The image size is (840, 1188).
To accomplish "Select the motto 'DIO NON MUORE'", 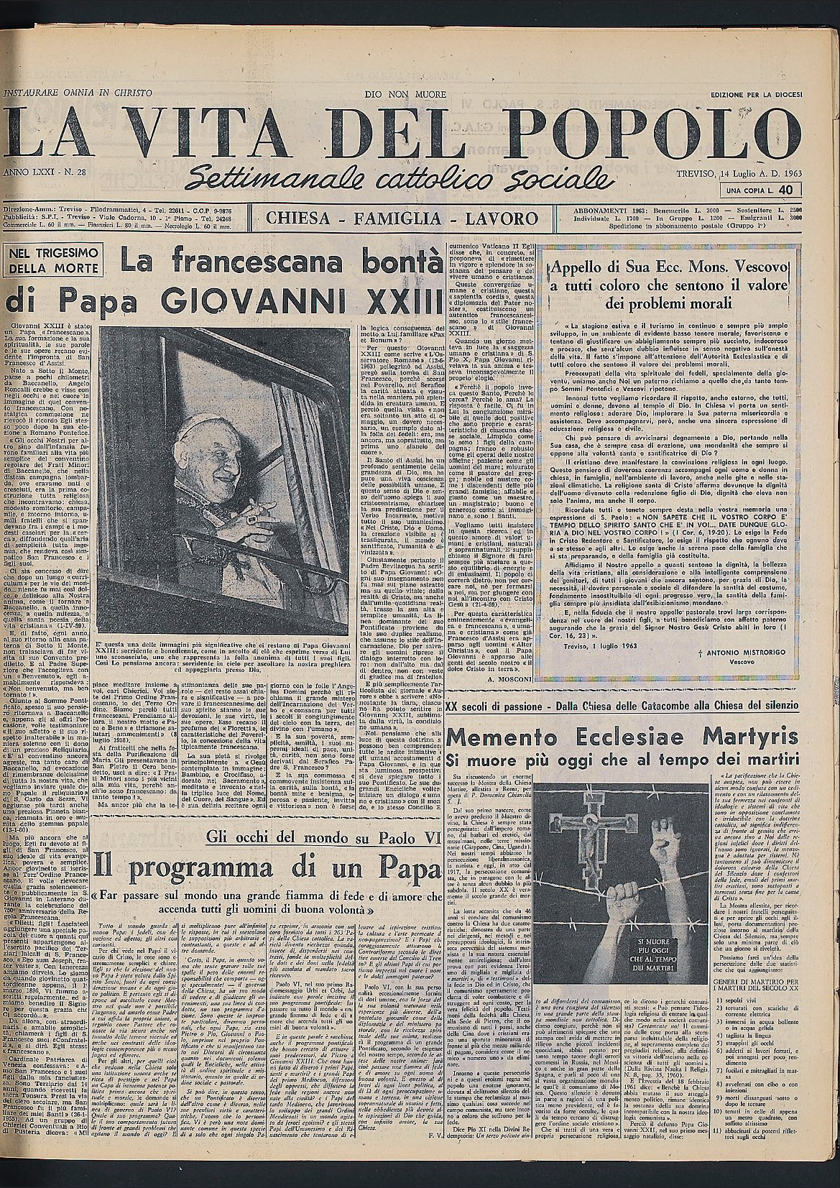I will click(x=405, y=94).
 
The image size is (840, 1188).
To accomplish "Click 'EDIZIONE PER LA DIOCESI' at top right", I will click(x=756, y=94).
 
